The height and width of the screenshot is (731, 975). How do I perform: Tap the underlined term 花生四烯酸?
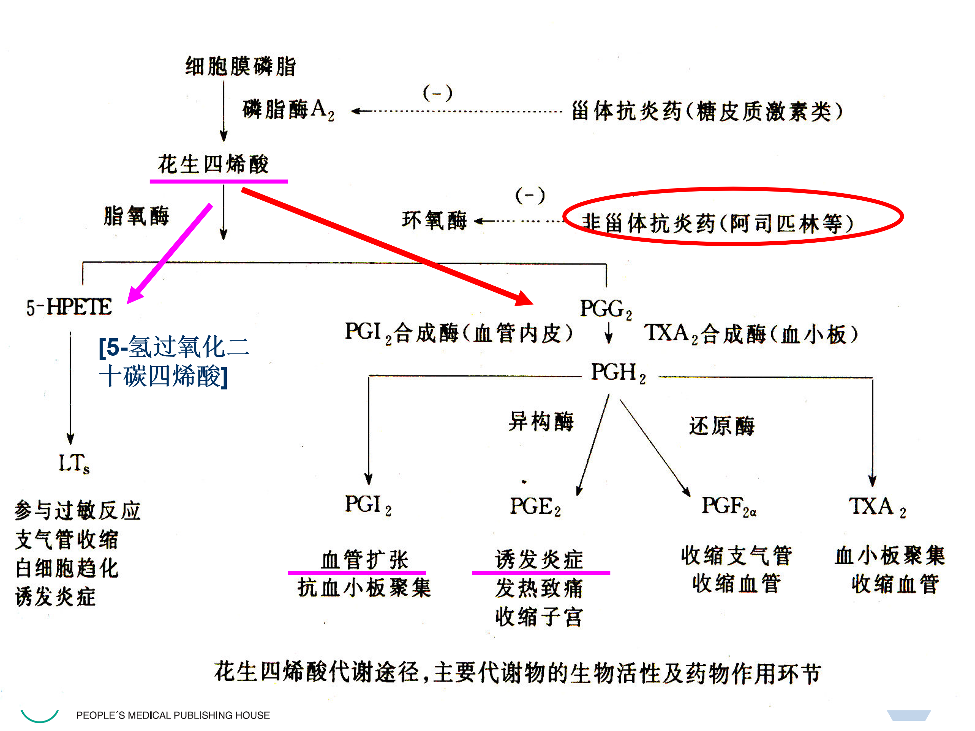coord(213,164)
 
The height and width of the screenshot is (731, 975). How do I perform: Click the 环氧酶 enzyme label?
coord(434,220)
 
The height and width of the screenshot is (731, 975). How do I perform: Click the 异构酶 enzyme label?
coord(541,421)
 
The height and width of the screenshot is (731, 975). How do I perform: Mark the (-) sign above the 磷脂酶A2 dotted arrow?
coord(437,93)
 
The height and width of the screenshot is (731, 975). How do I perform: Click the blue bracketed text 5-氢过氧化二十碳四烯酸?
coord(174,361)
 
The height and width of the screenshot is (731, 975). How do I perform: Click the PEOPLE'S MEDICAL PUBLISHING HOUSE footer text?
coord(173,715)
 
